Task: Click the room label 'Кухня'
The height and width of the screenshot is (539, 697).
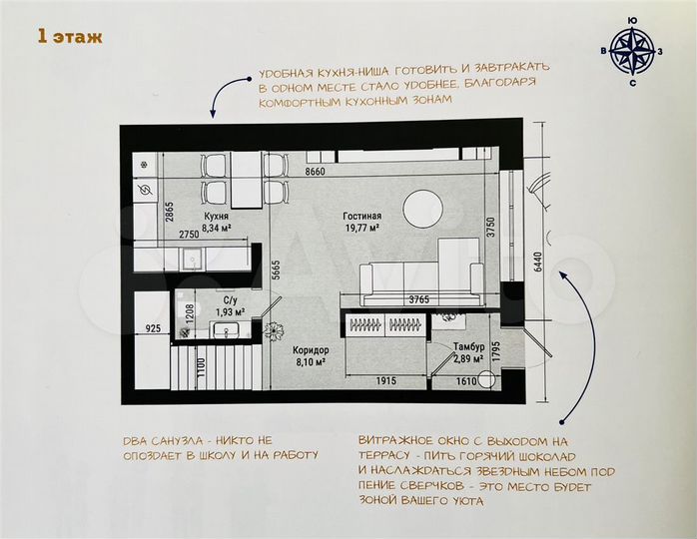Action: coord(217,216)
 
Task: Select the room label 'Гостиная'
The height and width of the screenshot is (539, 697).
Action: coord(362,216)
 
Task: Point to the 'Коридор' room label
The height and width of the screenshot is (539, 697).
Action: coord(310,350)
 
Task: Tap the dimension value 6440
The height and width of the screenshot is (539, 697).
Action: coord(538,262)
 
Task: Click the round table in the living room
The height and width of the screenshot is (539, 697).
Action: coord(422,210)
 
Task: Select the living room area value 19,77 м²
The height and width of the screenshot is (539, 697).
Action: coord(362,229)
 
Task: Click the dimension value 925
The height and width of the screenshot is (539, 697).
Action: coord(153,327)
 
